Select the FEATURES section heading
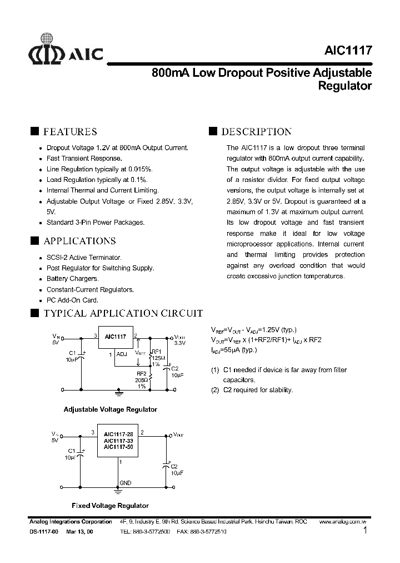click(x=70, y=132)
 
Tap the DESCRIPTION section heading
click(x=256, y=132)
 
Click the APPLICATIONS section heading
click(x=79, y=241)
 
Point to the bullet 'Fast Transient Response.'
click(x=84, y=158)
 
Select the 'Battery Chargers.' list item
click(x=72, y=279)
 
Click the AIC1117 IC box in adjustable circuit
click(x=116, y=337)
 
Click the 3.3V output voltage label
click(x=179, y=344)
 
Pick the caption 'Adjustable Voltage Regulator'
click(x=111, y=409)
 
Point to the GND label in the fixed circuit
click(x=126, y=483)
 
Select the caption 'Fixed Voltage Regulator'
click(x=111, y=506)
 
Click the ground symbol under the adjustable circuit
click(x=118, y=393)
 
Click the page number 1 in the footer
click(x=365, y=531)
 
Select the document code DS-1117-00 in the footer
click(x=43, y=532)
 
